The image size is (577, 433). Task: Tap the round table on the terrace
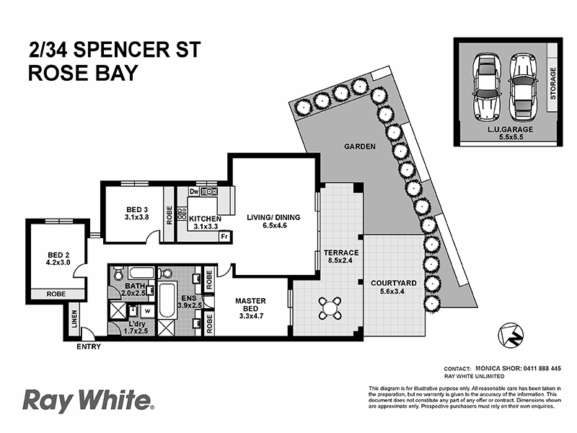click(x=330, y=310)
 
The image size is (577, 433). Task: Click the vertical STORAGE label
click(x=553, y=85)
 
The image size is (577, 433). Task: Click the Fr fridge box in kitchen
click(x=224, y=237)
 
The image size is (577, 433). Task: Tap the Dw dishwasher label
click(x=193, y=192)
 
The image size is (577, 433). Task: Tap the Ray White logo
click(x=88, y=399)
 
